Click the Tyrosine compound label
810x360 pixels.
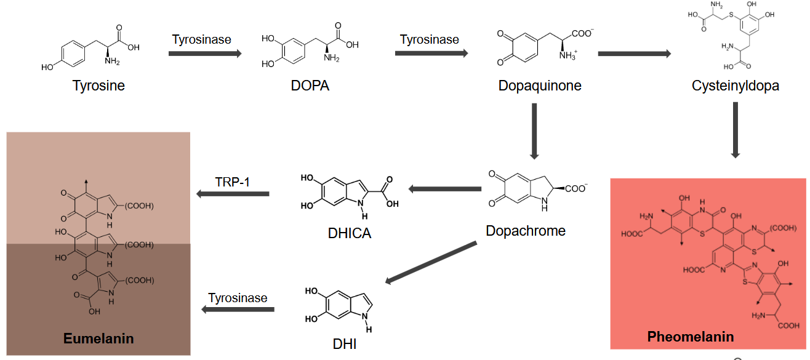98,86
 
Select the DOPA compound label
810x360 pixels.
310,86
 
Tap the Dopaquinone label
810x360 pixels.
540,86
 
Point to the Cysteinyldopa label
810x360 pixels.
736,86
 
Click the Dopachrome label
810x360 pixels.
525,231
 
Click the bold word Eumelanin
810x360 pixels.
98,338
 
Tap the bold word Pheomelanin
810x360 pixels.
691,337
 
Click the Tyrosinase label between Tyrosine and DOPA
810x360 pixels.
201,40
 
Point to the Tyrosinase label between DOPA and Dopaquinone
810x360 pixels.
429,40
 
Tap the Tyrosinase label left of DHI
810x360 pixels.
238,298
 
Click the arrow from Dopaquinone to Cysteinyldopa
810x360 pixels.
634,54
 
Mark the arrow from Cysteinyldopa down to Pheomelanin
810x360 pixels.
735,130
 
